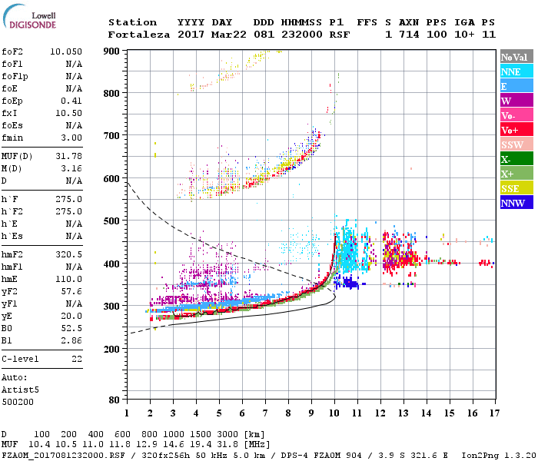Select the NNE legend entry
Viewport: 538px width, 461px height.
point(511,71)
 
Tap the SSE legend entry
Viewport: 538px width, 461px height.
point(511,189)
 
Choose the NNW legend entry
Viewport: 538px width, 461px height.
point(513,204)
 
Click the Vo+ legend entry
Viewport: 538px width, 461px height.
point(510,130)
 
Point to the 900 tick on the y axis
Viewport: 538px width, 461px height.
point(111,51)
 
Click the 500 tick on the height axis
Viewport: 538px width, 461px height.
point(111,221)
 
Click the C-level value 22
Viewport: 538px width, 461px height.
point(77,358)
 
